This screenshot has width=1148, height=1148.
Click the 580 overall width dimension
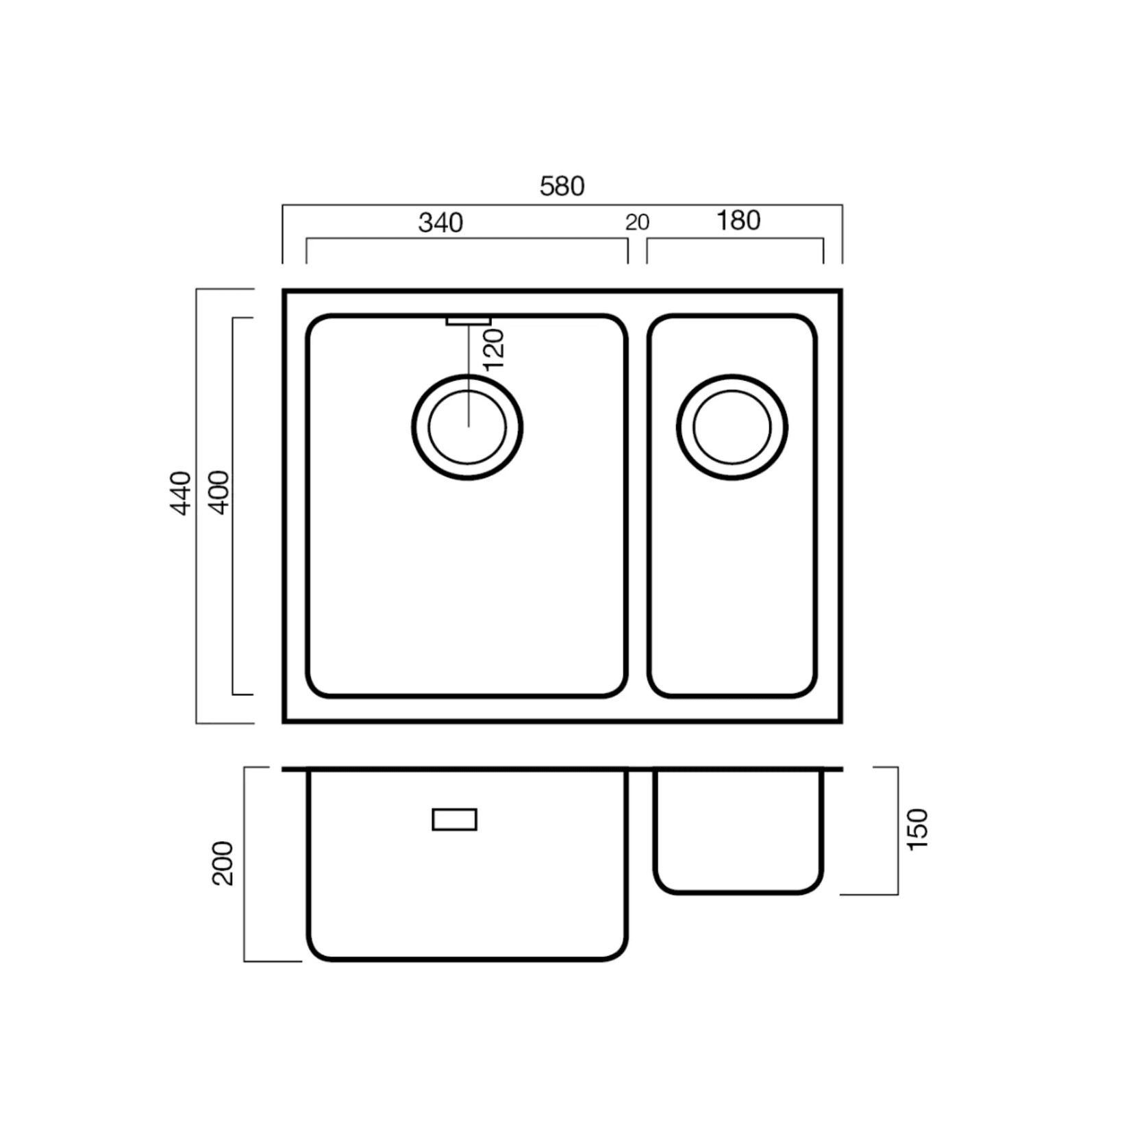click(562, 186)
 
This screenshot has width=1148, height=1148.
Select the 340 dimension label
click(440, 223)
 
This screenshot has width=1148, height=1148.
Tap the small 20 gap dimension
click(637, 223)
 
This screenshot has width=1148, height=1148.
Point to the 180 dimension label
click(738, 221)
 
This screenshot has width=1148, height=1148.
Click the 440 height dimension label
click(181, 492)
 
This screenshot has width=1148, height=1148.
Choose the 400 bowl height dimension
click(219, 492)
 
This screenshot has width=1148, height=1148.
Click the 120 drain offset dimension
click(494, 349)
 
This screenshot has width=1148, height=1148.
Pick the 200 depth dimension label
click(223, 863)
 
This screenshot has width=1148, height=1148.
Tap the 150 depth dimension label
click(917, 829)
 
